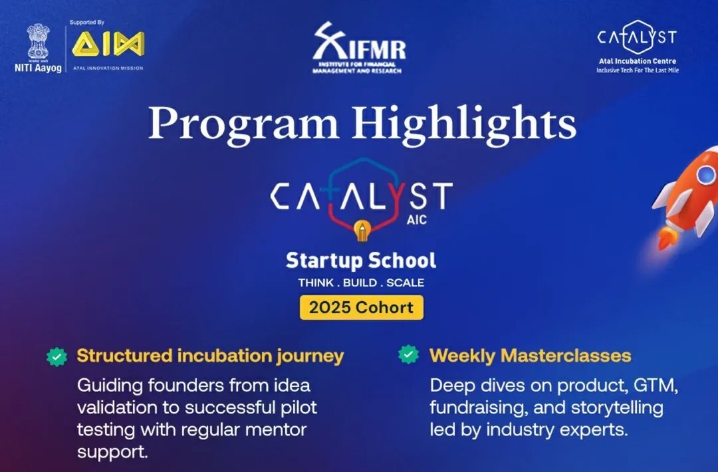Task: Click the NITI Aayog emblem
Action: click(x=38, y=42)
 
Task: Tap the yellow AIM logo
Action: click(x=108, y=44)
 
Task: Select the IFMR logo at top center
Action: click(x=360, y=48)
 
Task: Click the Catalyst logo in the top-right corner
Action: click(x=637, y=37)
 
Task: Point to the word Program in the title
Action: click(x=243, y=124)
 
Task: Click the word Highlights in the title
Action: click(x=463, y=123)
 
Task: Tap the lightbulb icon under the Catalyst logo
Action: click(x=363, y=230)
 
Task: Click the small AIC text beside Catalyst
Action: click(x=417, y=220)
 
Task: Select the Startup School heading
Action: click(x=361, y=261)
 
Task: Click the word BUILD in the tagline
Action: click(x=360, y=283)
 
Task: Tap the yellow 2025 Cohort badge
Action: click(x=361, y=307)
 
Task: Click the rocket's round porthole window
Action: click(x=705, y=174)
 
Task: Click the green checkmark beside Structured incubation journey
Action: click(x=57, y=356)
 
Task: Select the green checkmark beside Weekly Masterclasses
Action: click(x=408, y=354)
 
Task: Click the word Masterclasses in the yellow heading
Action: click(x=566, y=356)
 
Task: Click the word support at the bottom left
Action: click(x=112, y=453)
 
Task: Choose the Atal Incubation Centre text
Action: click(x=638, y=61)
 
